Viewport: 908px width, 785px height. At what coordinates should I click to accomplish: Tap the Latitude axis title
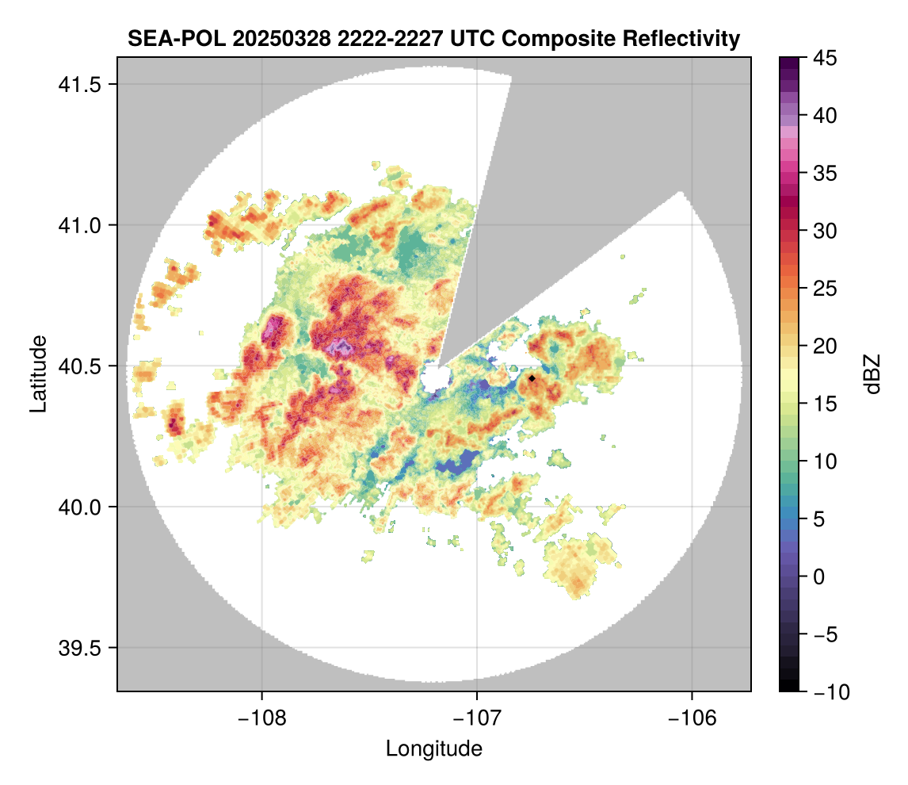click(37, 373)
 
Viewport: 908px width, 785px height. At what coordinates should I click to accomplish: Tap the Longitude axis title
click(434, 748)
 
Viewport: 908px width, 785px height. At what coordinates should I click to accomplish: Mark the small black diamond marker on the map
click(532, 379)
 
